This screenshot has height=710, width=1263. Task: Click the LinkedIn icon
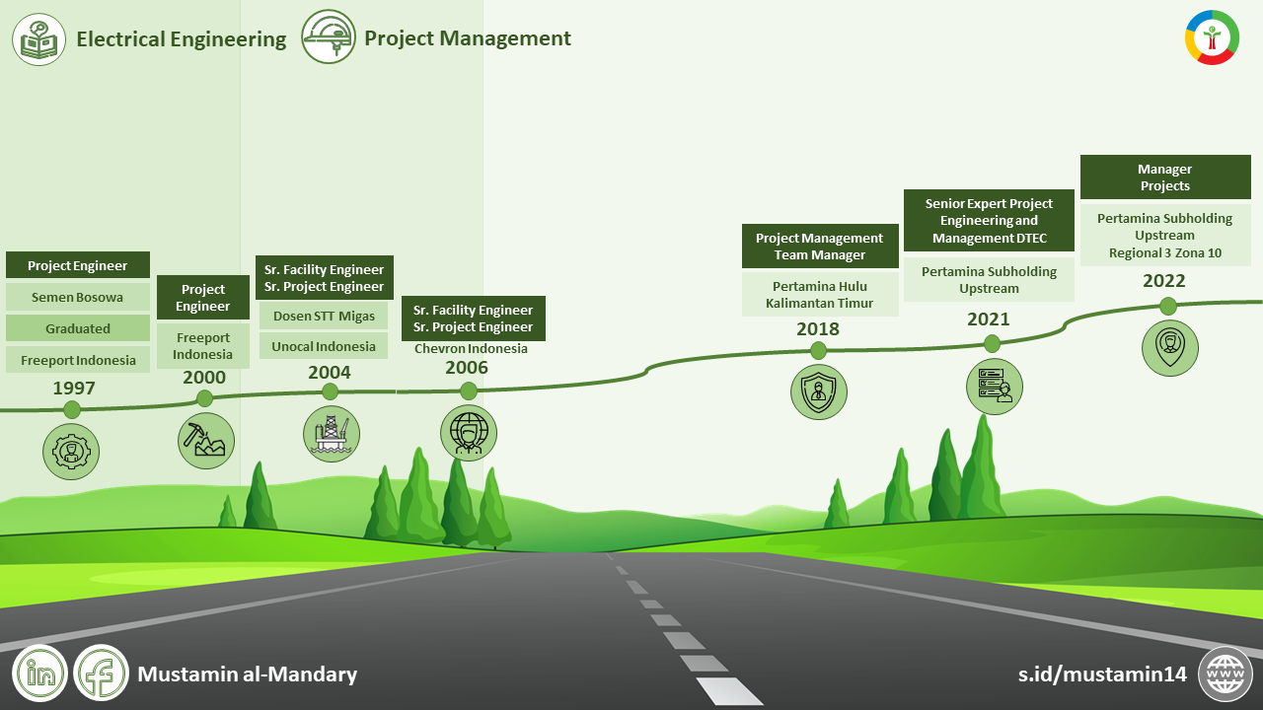pos(39,674)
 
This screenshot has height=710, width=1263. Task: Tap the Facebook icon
pos(102,674)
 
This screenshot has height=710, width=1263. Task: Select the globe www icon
pos(1226,674)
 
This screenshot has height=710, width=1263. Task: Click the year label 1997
pos(74,388)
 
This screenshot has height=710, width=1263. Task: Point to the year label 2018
pos(818,329)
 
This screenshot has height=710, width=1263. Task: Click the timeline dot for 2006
pos(469,391)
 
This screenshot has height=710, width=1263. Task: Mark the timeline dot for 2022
pos(1168,306)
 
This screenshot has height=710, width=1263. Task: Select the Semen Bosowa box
pos(78,297)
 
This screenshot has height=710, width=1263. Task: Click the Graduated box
pos(78,328)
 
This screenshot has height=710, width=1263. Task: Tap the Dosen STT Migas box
pos(324,316)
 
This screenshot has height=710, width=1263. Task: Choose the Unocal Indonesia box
pos(324,346)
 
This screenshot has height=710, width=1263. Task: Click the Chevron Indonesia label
pos(471,348)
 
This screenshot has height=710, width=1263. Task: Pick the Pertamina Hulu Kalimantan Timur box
pos(820,295)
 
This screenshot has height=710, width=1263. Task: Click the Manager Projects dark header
pos(1165,177)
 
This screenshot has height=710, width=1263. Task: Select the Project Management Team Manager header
pos(820,247)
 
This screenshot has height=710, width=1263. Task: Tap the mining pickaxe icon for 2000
pos(206,440)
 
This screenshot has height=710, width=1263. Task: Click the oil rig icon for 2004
pos(332,434)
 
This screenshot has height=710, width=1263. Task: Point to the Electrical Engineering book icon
pos(39,39)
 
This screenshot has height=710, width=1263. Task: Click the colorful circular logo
pos(1212,37)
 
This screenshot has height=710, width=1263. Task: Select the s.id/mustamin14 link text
pos(1102,674)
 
